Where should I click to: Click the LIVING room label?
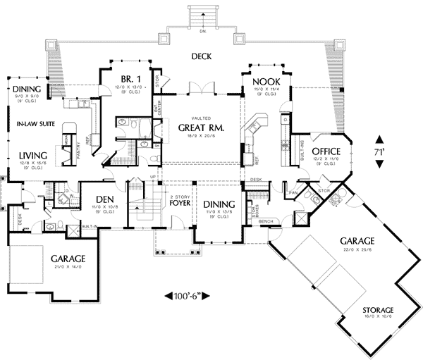click(33, 155)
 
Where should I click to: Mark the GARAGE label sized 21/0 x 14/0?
click(68, 258)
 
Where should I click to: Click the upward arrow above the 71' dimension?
click(380, 139)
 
